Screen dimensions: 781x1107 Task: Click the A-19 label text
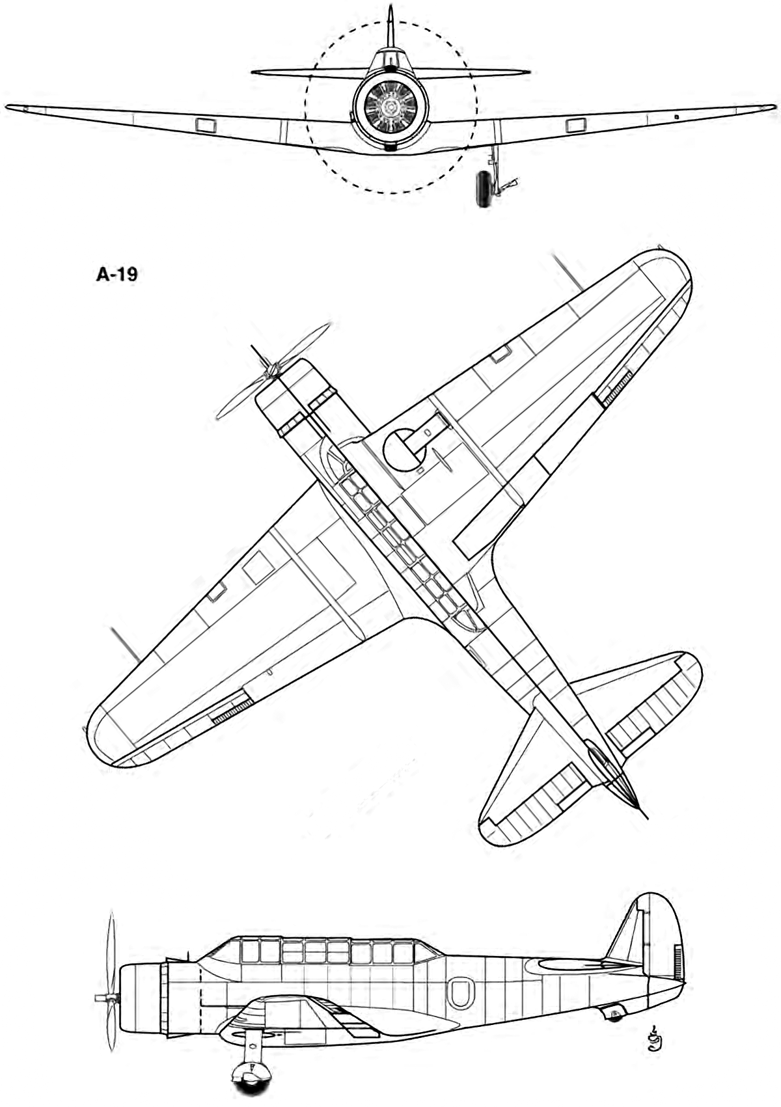[x=116, y=274]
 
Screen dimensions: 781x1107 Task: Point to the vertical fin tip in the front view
[x=391, y=8]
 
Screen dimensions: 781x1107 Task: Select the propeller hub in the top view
[x=271, y=368]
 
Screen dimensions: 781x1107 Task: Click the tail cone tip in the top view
[x=646, y=819]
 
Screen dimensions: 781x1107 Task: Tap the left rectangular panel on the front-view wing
[x=206, y=126]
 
